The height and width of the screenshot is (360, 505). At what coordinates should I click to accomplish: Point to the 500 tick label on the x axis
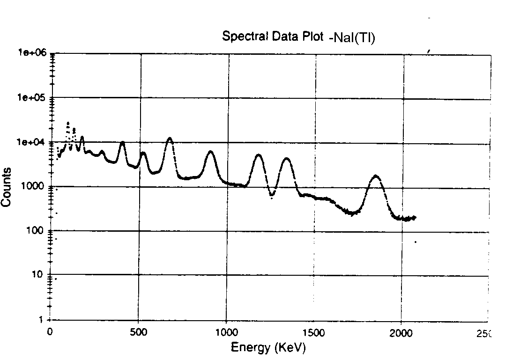point(138,332)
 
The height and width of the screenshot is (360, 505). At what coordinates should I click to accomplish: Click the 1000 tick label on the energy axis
point(226,332)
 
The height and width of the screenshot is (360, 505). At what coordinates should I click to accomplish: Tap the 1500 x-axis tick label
point(314,332)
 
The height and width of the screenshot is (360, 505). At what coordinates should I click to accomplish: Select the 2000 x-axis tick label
point(401,332)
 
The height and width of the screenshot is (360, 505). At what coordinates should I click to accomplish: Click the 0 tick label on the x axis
point(51,332)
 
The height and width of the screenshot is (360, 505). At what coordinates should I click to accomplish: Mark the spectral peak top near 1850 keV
point(376,176)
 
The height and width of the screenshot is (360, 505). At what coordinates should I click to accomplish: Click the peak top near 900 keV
point(211,152)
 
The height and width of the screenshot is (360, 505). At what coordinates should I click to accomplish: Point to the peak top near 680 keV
point(170,138)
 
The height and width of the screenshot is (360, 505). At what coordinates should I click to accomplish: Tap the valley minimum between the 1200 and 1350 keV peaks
point(272,198)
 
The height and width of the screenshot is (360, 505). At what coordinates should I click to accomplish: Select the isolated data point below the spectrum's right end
point(415,242)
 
